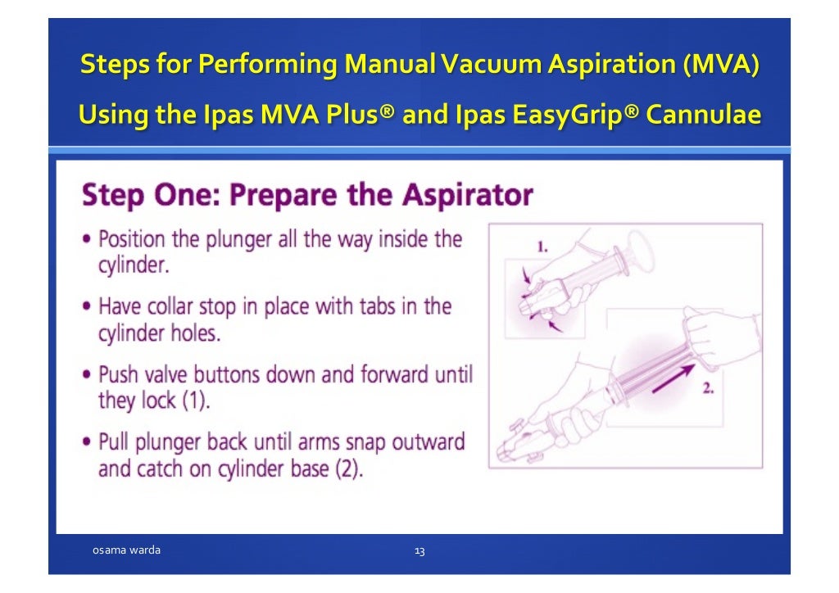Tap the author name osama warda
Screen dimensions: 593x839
[x=125, y=550]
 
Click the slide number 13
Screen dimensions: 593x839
[x=419, y=551]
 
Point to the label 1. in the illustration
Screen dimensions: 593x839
[x=542, y=246]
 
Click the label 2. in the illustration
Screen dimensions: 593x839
[x=708, y=388]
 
